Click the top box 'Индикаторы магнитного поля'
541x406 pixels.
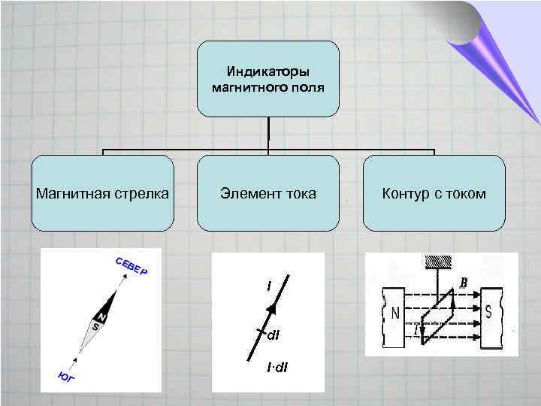268,79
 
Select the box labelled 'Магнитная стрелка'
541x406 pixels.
102,193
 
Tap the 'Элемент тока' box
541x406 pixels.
268,193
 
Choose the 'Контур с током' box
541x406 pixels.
434,193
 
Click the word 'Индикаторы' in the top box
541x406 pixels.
268,72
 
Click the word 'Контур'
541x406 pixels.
407,194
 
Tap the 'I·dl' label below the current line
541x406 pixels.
277,367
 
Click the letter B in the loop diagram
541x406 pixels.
464,283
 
